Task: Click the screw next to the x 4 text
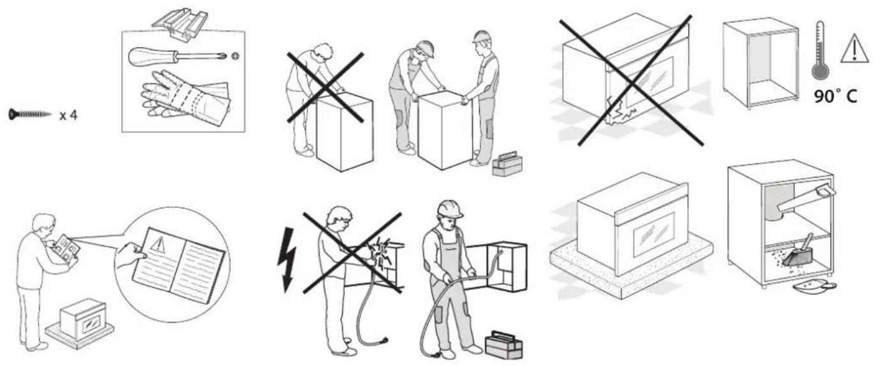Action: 29,114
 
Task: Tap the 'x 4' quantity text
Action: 68,116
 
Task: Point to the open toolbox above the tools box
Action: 180,23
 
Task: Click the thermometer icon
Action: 820,50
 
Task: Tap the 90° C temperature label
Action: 835,96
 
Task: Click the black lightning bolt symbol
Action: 287,259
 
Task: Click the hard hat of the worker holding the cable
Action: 450,209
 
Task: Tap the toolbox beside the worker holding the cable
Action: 503,345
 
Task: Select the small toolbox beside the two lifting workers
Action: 507,164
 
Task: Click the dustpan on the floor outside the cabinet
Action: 814,286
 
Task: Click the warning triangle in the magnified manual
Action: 158,244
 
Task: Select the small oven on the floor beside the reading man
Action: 83,319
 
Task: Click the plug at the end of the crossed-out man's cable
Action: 383,341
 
